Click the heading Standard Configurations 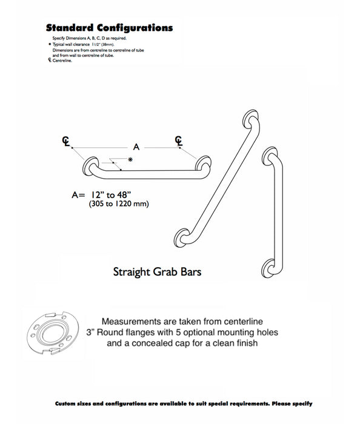click(109, 28)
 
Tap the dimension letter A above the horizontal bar click(136, 147)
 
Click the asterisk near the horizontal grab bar click(129, 159)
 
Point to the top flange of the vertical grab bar click(269, 155)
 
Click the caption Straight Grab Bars click(157, 272)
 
